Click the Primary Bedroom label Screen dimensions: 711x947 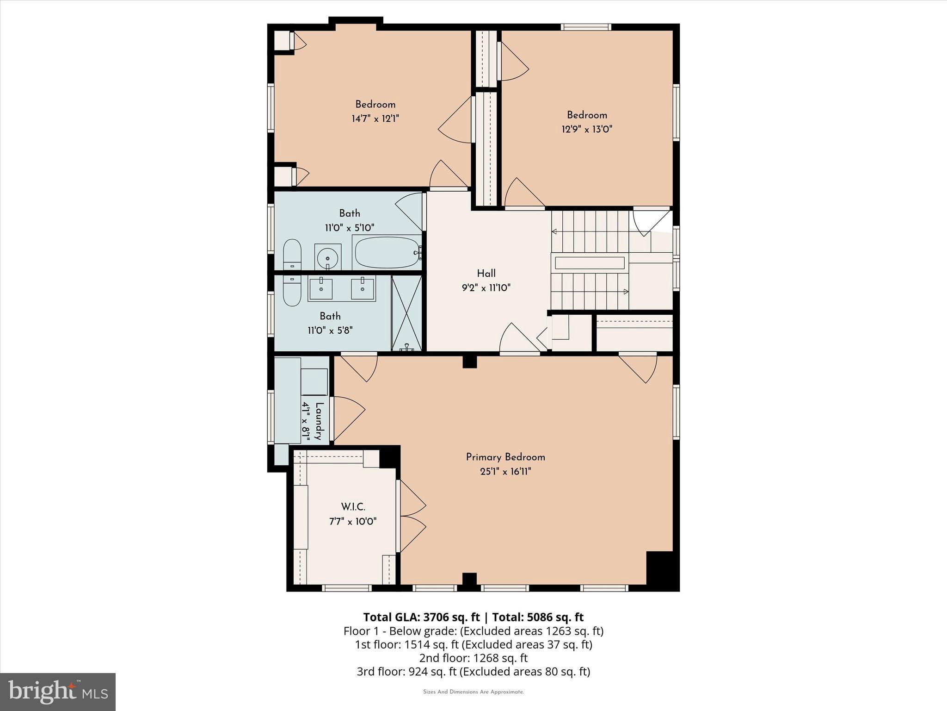click(x=505, y=457)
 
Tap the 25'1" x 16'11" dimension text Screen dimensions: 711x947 click(x=505, y=472)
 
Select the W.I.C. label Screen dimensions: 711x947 click(x=353, y=507)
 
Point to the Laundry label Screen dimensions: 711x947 click(x=319, y=421)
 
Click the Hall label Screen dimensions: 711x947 click(x=486, y=273)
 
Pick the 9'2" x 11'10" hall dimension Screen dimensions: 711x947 click(x=486, y=287)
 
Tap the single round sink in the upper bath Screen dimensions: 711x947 click(x=328, y=257)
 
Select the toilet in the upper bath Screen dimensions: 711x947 click(x=292, y=254)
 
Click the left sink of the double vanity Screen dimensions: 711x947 click(x=320, y=289)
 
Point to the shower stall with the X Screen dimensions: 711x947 click(x=407, y=313)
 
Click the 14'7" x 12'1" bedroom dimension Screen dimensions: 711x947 click(x=375, y=118)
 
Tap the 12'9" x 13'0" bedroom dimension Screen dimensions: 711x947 click(x=587, y=129)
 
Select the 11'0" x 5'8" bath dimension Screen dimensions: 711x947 click(x=330, y=331)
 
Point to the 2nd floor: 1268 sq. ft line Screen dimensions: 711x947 click(x=473, y=658)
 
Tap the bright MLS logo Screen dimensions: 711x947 click(x=58, y=692)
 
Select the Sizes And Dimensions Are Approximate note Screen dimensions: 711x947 click(x=473, y=692)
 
